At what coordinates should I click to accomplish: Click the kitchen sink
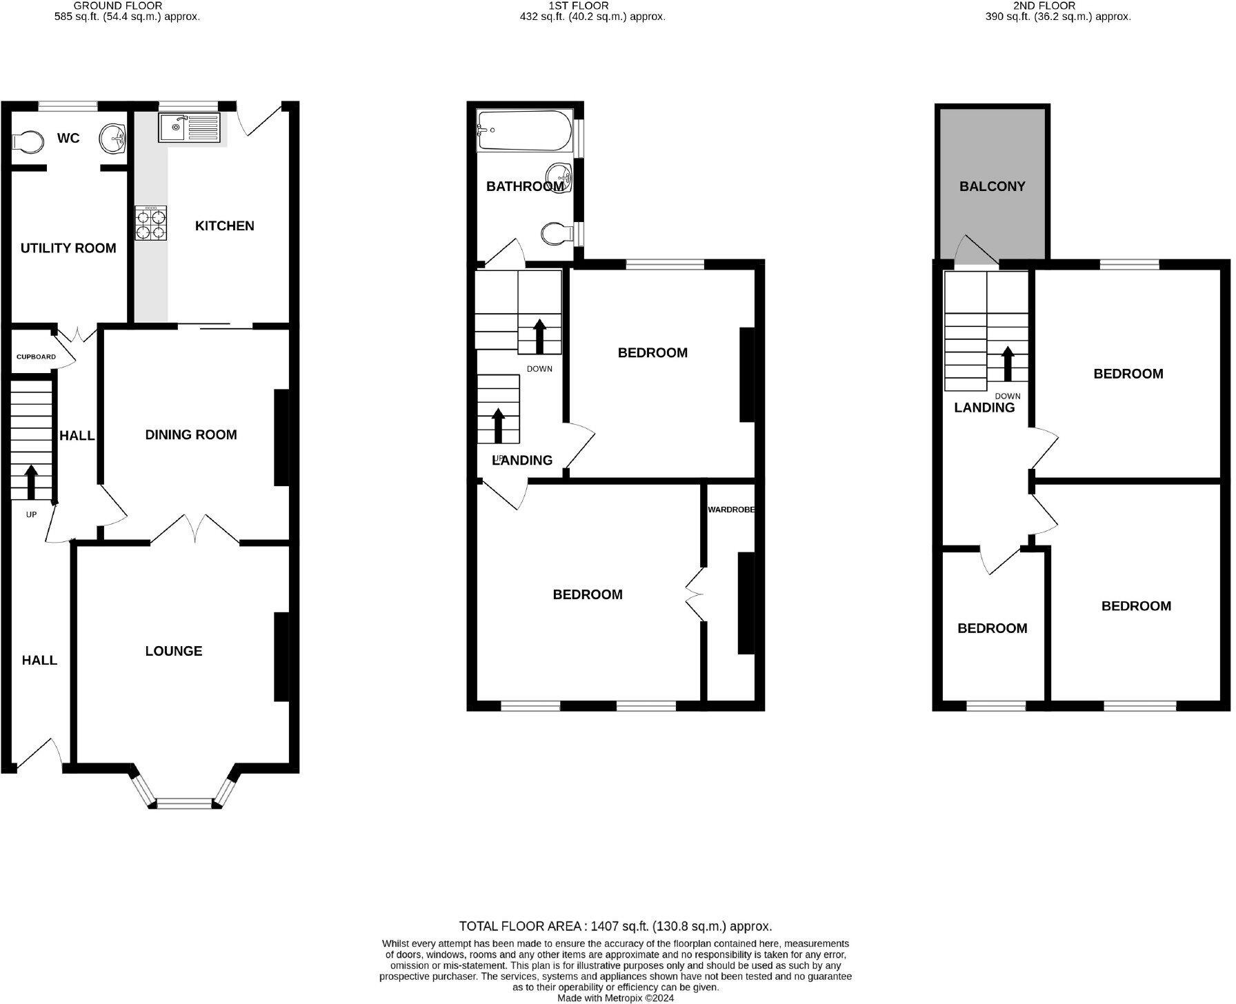188,128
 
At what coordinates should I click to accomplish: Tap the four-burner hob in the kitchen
150,224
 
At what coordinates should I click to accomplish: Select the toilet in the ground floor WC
27,141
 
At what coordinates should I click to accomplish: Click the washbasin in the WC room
112,139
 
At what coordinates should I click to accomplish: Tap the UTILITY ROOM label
68,248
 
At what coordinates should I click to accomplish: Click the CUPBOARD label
37,357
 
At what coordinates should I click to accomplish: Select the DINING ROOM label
191,435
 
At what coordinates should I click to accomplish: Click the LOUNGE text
174,651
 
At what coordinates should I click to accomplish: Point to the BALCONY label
992,186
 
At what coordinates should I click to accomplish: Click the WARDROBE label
731,510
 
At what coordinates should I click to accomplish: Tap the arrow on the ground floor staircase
31,481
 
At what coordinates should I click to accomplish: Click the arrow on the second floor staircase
1007,363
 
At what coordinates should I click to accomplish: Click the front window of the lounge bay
185,803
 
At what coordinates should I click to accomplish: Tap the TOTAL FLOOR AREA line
615,926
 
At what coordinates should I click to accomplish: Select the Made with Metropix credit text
615,997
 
